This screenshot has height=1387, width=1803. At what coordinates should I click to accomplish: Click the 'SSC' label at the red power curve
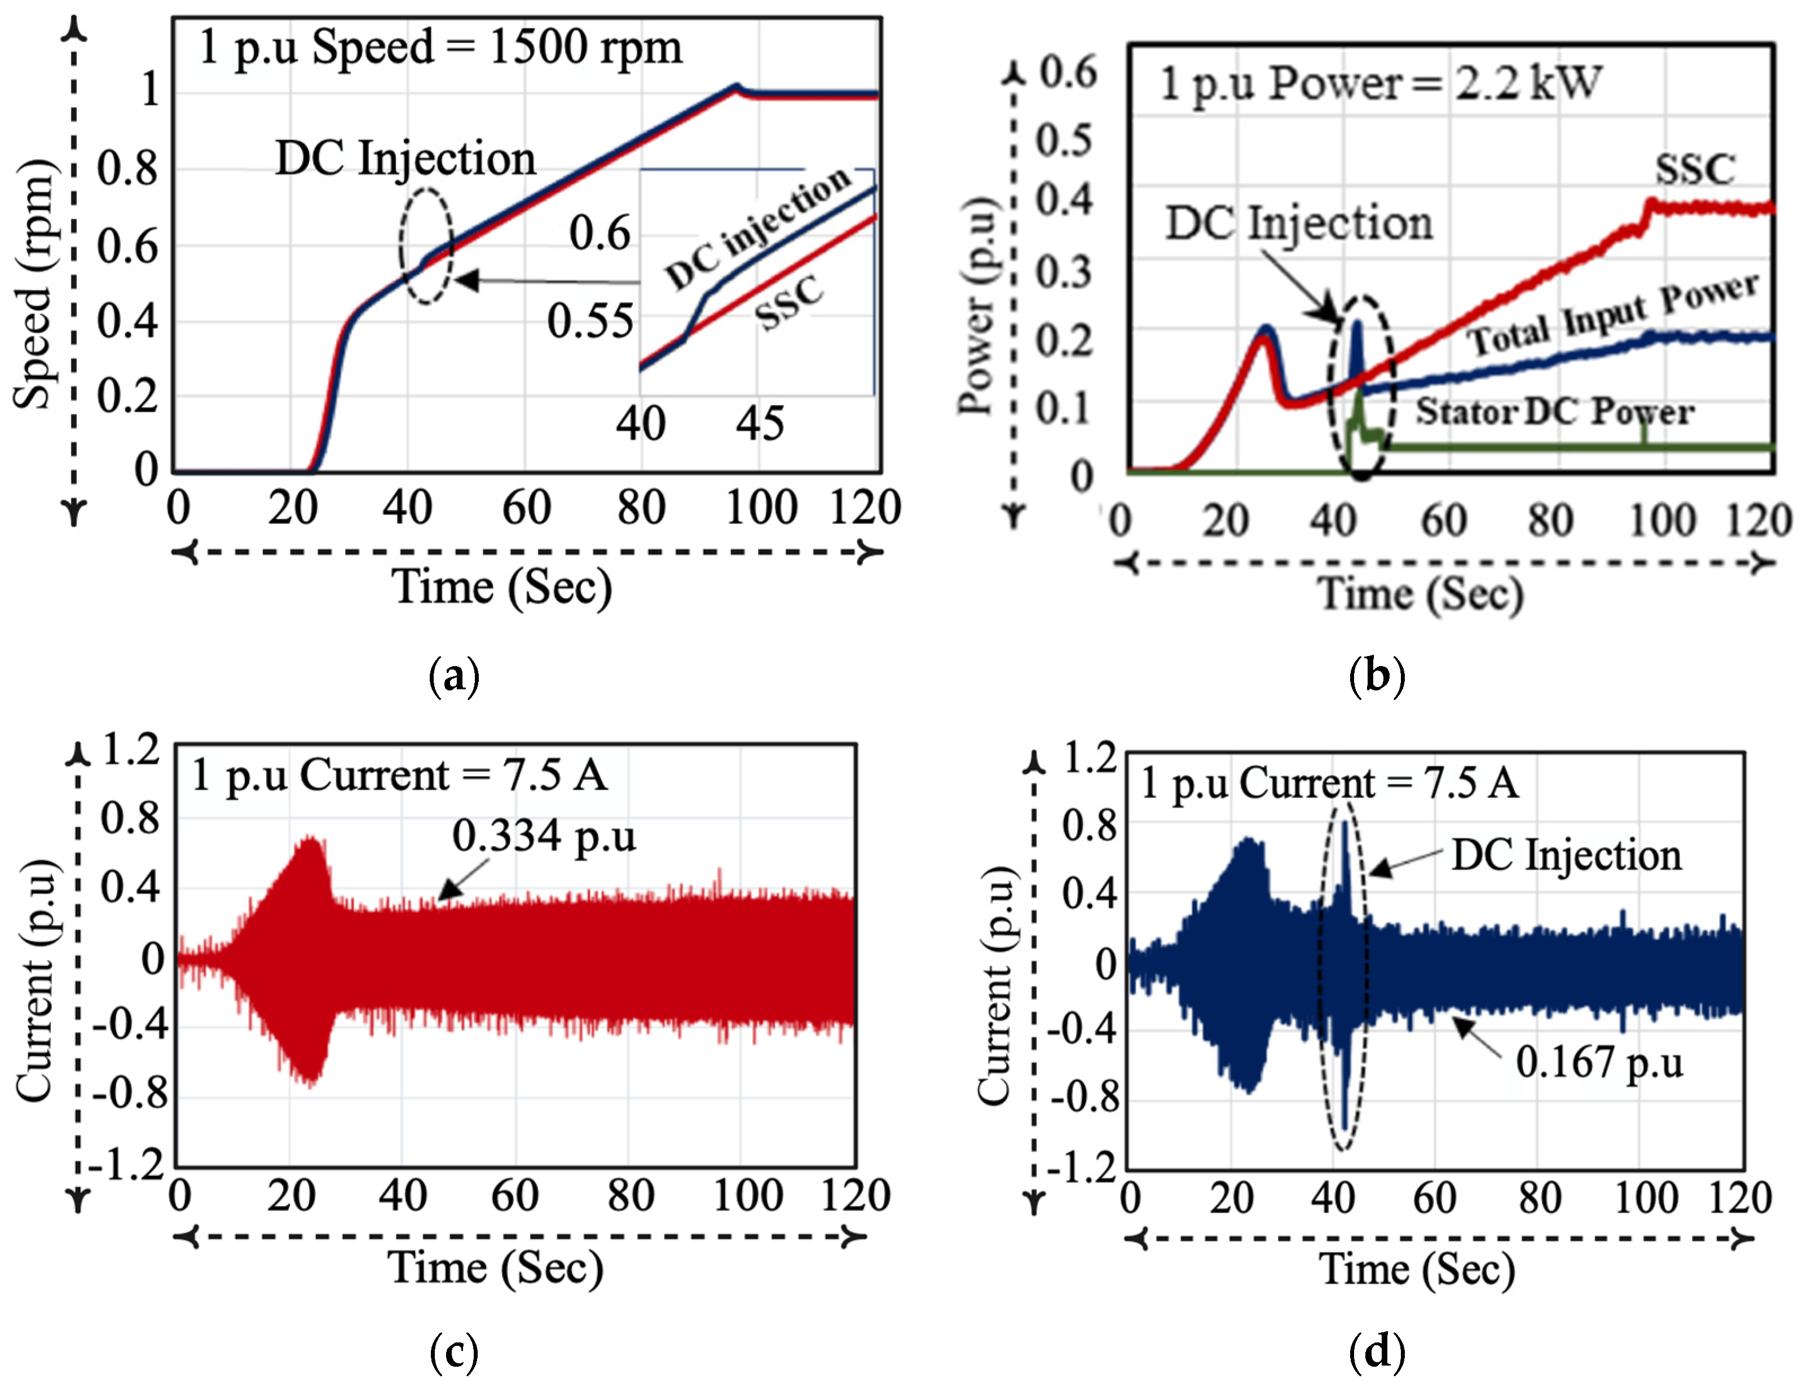pos(1695,169)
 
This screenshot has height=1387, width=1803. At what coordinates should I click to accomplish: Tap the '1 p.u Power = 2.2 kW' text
pos(1381,83)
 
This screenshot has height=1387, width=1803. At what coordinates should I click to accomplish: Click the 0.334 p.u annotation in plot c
pos(544,836)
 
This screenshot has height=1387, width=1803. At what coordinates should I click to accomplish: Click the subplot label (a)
pos(454,676)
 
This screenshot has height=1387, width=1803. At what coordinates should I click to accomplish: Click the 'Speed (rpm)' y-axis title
pos(33,284)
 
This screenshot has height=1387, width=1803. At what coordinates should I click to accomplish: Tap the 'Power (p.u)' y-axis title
pos(976,306)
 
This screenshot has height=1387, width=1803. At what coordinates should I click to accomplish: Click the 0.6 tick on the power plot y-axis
pos(1068,73)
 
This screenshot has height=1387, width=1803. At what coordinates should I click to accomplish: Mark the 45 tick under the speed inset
pos(760,424)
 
